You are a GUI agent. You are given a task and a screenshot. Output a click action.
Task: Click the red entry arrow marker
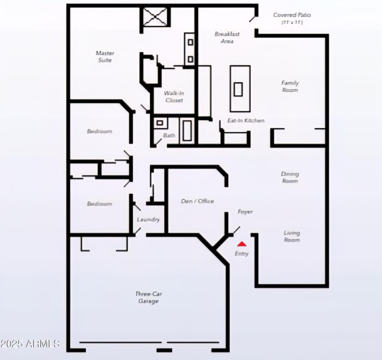pos(242,244)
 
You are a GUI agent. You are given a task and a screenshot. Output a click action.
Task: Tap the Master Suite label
pos(105,56)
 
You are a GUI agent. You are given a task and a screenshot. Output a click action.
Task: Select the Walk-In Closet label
pos(174,96)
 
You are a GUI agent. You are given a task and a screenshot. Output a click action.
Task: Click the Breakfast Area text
pos(227,37)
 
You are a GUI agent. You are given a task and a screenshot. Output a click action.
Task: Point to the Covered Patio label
pos(292,18)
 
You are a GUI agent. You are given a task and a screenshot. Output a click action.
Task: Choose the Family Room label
pos(290,86)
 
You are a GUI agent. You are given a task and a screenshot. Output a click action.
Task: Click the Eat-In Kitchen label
pos(245,121)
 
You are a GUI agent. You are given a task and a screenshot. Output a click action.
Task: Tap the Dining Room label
pos(290,177)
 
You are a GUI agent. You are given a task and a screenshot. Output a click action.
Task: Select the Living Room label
pos(292,236)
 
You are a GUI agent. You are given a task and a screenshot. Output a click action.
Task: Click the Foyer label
pos(245,212)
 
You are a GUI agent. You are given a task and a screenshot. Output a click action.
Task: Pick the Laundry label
pos(148,220)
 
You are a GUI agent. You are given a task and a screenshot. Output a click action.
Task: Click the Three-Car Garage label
pos(148,297)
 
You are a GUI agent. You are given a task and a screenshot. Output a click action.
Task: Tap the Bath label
pos(169,136)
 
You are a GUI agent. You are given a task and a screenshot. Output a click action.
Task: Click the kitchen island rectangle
pos(240,88)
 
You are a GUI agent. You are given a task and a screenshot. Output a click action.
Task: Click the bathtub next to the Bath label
pos(187,130)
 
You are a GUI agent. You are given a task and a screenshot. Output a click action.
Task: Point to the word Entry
pos(242,254)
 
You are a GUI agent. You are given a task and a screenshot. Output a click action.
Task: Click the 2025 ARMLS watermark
pos(30,344)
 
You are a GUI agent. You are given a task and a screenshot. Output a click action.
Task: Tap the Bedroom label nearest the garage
pos(99,204)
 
